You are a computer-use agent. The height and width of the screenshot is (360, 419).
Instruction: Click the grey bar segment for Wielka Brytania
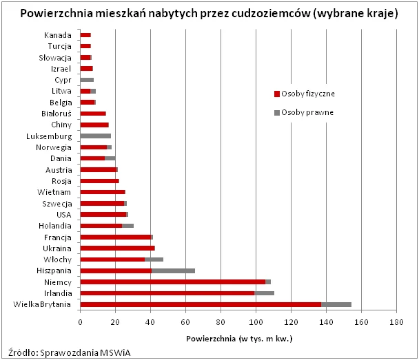coord(336,304)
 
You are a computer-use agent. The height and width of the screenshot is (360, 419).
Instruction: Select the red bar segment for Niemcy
coord(172,282)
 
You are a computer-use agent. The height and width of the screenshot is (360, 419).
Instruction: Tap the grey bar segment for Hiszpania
coord(173,271)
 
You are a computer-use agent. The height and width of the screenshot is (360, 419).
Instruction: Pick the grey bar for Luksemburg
coord(95,136)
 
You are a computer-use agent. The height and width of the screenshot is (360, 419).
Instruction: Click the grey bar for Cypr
coord(87,80)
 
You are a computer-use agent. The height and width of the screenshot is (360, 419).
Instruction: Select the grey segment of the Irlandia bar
coord(264,293)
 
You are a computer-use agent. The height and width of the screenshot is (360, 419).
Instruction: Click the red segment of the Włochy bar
coord(112,259)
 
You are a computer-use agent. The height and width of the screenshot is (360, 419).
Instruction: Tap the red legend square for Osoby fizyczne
coord(277,94)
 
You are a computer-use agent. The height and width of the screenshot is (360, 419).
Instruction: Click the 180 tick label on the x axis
coord(396,321)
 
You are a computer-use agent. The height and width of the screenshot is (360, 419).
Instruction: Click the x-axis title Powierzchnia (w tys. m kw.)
coord(238,339)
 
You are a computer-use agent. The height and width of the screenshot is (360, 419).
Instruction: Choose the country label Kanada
coord(57,35)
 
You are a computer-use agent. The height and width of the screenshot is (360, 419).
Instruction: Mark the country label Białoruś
coord(54,114)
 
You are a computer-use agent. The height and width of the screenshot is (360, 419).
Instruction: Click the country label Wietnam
coord(55,192)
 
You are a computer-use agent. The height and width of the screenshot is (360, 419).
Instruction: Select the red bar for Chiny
coord(94,125)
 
